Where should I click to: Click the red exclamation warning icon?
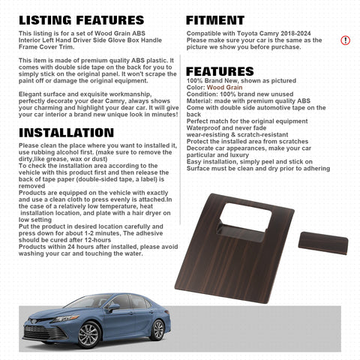tap(345, 40)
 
